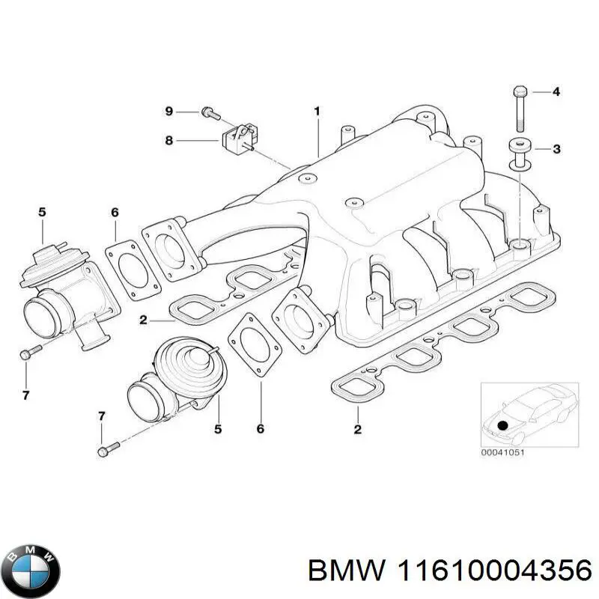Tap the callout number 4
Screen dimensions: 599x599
[556, 93]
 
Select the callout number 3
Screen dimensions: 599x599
[556, 150]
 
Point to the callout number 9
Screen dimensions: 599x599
[169, 112]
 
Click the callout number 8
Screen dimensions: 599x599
[169, 139]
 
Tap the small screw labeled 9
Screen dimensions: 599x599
[209, 114]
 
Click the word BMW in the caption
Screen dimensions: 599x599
[336, 571]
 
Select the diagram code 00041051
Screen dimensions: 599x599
[504, 451]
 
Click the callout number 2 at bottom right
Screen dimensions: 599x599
[357, 430]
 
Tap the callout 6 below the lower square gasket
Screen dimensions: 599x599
[261, 430]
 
